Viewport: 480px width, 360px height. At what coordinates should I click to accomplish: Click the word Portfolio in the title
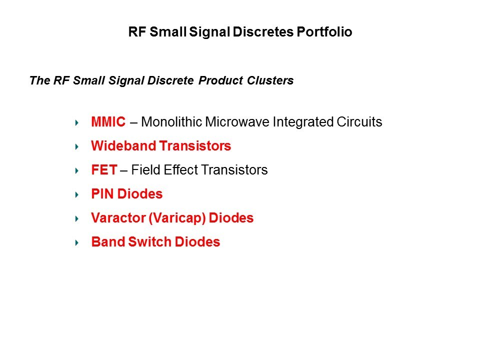point(324,32)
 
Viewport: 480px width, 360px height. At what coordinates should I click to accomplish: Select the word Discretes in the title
point(263,32)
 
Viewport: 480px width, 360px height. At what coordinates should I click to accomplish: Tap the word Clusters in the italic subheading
point(270,80)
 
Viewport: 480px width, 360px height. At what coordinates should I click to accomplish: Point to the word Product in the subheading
point(220,80)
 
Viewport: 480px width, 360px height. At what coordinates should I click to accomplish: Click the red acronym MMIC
point(108,122)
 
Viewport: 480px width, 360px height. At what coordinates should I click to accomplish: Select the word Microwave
point(237,122)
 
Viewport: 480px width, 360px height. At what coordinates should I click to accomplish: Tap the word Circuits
point(359,122)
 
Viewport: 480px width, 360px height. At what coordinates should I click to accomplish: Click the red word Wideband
point(123,145)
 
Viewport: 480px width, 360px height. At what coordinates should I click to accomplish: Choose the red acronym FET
point(104,170)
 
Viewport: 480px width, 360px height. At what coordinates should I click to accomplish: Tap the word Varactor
point(118,218)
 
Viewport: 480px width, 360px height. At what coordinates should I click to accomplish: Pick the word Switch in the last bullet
point(149,242)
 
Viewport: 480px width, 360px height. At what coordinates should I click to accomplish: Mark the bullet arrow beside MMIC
point(77,123)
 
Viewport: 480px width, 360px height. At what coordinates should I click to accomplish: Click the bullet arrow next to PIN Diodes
point(77,194)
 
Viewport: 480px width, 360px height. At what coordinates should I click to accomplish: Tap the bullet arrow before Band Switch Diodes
point(77,243)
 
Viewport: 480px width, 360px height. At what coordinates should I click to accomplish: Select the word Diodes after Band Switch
point(197,242)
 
